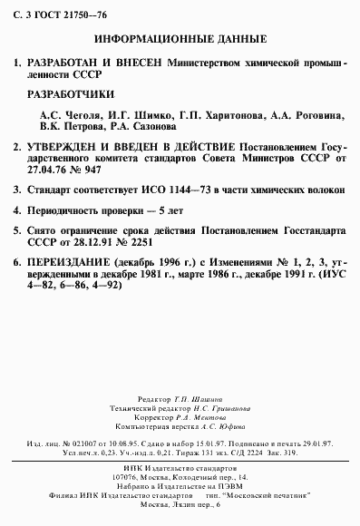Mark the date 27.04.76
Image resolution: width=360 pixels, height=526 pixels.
click(x=47, y=167)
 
